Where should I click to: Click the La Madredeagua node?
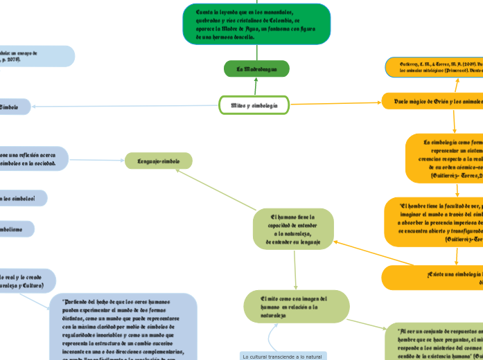click(x=256, y=69)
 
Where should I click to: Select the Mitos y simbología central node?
click(x=254, y=105)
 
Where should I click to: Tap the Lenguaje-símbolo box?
click(x=158, y=161)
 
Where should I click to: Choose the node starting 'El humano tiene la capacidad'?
click(x=293, y=229)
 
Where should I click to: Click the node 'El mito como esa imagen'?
click(x=297, y=306)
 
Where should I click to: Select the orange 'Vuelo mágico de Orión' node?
click(x=432, y=102)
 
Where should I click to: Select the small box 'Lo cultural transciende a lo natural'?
click(x=282, y=356)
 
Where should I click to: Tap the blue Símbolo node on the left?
click(x=14, y=107)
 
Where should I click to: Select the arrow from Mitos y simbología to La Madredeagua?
click(x=256, y=87)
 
